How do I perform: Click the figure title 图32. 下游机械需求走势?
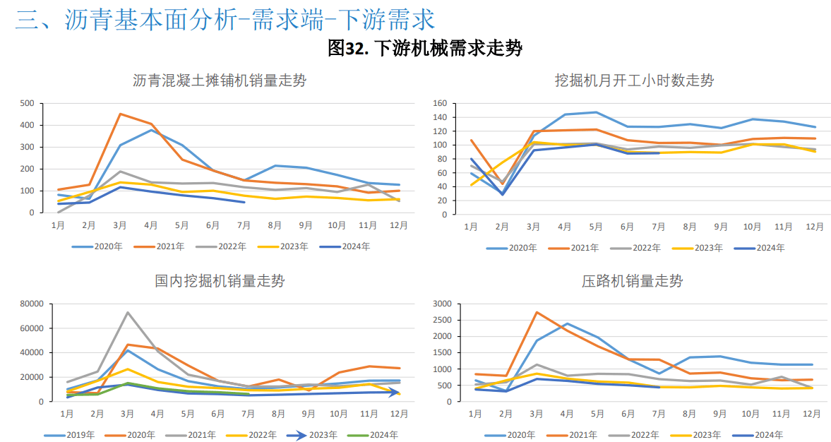point(425,48)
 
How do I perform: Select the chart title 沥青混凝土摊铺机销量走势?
point(220,80)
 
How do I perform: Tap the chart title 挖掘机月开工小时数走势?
point(634,80)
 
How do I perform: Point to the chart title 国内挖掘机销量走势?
point(220,281)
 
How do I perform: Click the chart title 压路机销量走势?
point(632,281)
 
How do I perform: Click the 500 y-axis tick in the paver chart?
point(26,103)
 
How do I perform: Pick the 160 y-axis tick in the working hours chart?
point(438,103)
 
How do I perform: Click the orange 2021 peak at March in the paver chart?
point(120,114)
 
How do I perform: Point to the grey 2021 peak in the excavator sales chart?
point(127,312)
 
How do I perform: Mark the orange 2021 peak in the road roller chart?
point(537,312)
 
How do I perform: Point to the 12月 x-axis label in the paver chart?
point(399,225)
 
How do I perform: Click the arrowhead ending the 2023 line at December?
point(397,392)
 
